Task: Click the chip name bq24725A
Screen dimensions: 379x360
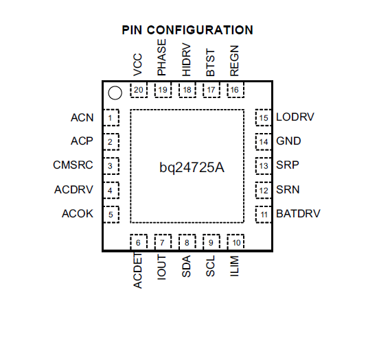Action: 192,167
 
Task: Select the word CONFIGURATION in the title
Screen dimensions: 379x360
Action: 200,30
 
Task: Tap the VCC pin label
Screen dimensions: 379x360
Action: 138,64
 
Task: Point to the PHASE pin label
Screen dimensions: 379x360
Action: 162,57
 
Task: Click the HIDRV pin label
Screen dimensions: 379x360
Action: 186,60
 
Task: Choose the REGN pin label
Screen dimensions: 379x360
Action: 234,60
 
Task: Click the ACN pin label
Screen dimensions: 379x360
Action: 82,117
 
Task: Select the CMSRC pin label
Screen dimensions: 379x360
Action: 73,165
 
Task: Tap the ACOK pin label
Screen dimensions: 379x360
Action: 78,214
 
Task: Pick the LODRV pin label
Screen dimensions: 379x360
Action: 295,117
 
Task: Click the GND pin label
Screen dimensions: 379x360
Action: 288,141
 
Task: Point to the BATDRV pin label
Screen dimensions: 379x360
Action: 298,214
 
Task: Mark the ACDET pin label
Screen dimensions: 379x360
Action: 138,271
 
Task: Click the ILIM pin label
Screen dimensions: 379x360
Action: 234,266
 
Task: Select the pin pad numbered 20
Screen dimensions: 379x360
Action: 139,90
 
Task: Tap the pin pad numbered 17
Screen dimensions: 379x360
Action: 211,90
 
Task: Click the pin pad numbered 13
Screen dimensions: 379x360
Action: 264,166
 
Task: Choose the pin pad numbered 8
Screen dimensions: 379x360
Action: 187,242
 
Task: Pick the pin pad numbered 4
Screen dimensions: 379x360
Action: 111,190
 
